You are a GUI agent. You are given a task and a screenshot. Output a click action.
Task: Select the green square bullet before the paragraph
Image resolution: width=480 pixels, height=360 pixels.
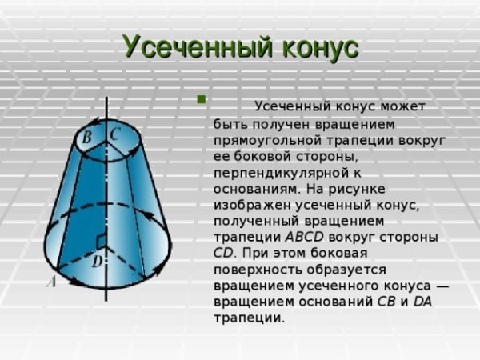click(x=201, y=101)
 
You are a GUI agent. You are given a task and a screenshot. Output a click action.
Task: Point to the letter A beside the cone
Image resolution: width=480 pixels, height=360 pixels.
click(x=50, y=280)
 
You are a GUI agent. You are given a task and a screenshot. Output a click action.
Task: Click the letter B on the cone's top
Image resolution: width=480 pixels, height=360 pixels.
click(x=88, y=138)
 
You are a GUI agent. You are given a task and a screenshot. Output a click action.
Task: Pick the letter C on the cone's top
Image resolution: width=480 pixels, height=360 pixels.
click(x=115, y=134)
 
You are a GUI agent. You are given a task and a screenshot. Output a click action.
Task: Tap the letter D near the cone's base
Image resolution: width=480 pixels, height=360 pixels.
click(x=96, y=261)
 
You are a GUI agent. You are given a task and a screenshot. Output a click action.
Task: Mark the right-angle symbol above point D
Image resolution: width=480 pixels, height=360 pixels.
click(x=101, y=241)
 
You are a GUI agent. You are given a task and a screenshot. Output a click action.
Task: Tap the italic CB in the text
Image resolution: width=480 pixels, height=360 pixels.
click(x=386, y=302)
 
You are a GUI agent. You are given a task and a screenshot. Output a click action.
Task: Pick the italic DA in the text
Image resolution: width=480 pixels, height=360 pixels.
click(x=423, y=302)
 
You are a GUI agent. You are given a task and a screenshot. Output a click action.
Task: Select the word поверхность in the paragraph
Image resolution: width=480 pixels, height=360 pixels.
click(x=254, y=270)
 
